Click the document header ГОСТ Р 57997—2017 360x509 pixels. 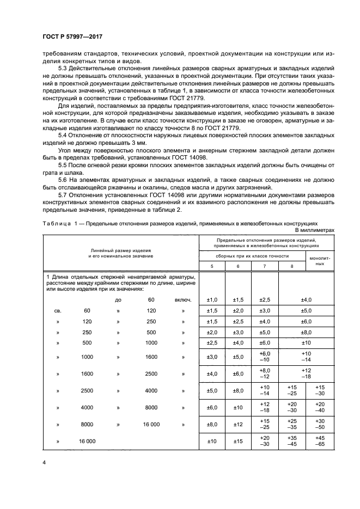72,36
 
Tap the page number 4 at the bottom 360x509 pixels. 44,461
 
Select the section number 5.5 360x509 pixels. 63,164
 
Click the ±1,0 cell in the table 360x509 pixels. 212,299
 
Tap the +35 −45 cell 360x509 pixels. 292,441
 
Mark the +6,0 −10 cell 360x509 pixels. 265,357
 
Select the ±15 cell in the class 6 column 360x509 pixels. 238,441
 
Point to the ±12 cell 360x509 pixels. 238,424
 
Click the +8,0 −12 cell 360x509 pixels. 265,374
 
